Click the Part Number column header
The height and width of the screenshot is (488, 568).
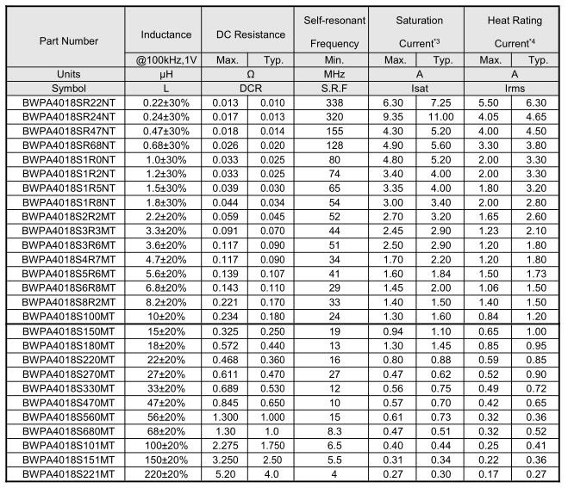(69, 40)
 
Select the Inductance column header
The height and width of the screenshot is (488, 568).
(164, 34)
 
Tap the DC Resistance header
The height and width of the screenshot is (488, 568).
(250, 34)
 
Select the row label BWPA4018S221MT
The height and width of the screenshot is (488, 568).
(61, 474)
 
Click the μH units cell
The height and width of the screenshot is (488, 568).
(164, 74)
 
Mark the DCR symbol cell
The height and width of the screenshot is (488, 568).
(250, 88)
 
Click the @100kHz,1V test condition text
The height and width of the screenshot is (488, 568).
(164, 60)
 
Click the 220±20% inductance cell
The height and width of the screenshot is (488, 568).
(164, 474)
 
